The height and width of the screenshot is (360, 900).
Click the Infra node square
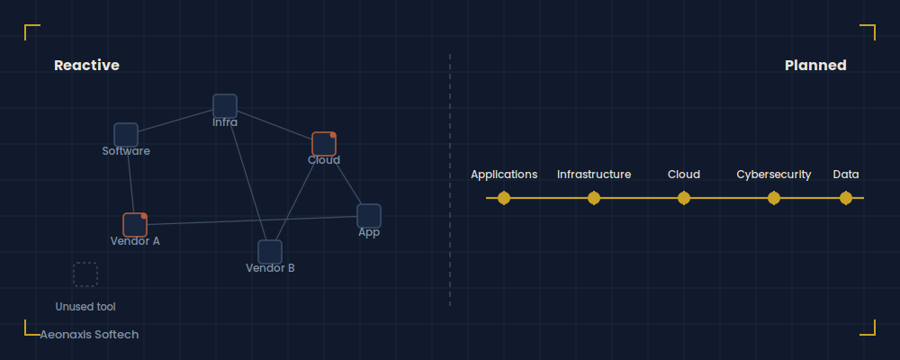pyautogui.click(x=225, y=106)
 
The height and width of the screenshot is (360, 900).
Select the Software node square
pyautogui.click(x=126, y=135)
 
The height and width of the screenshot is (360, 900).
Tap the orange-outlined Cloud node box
pyautogui.click(x=324, y=144)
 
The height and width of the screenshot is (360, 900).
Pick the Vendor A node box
pyautogui.click(x=135, y=225)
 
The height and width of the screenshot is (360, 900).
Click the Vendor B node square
pyautogui.click(x=270, y=252)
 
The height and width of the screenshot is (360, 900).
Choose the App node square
pyautogui.click(x=369, y=216)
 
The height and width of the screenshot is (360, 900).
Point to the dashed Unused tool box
pyautogui.click(x=85, y=274)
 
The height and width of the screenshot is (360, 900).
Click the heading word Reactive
pyautogui.click(x=86, y=66)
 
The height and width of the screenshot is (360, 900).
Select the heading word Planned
pyautogui.click(x=815, y=66)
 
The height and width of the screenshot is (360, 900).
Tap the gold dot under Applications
pyautogui.click(x=504, y=198)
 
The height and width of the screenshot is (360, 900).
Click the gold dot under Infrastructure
pyautogui.click(x=594, y=198)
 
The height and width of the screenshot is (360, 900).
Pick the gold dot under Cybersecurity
pyautogui.click(x=774, y=198)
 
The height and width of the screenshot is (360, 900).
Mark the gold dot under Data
pyautogui.click(x=846, y=198)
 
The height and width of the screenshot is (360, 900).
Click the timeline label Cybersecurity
pyautogui.click(x=774, y=175)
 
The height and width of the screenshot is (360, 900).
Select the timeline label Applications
pyautogui.click(x=504, y=175)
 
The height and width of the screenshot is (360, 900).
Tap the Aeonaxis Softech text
pyautogui.click(x=89, y=334)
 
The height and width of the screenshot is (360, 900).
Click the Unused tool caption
pyautogui.click(x=85, y=307)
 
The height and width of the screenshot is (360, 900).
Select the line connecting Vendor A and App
pyautogui.click(x=252, y=220)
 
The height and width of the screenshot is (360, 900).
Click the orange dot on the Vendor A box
pyautogui.click(x=144, y=216)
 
